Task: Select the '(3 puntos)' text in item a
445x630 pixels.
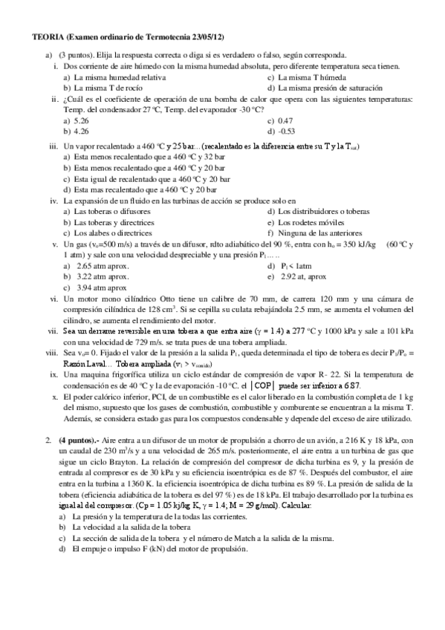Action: click(76, 55)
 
